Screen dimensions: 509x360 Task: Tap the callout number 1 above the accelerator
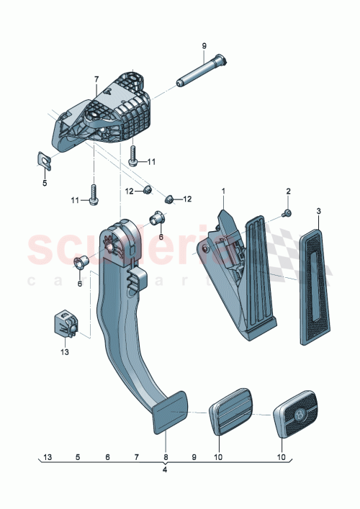tap(223, 191)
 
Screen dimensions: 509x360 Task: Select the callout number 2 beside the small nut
tap(288, 191)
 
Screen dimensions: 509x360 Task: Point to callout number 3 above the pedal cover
tap(318, 210)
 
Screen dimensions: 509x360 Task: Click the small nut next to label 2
tap(286, 213)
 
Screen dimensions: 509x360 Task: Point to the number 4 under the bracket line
tap(165, 470)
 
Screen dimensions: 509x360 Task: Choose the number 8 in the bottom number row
tap(165, 457)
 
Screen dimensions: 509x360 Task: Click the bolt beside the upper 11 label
tap(134, 155)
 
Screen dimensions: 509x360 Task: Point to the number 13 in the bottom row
tap(48, 457)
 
